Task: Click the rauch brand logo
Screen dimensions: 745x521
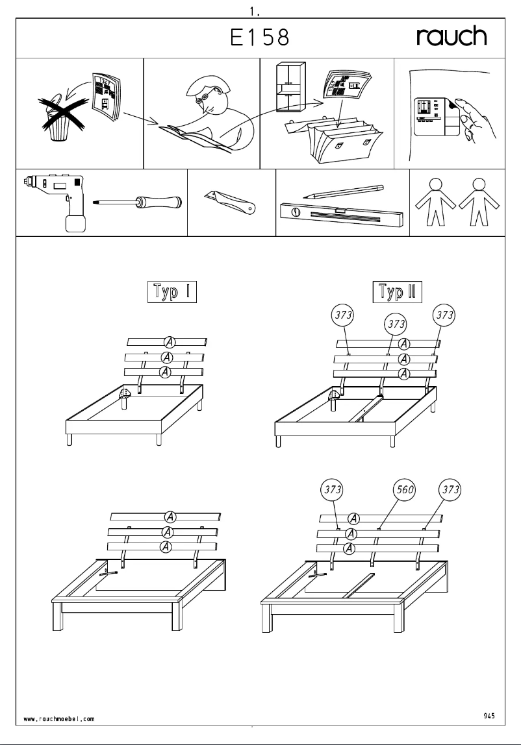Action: (451, 38)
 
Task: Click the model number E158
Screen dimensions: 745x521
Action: (260, 39)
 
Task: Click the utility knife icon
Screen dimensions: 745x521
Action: (231, 202)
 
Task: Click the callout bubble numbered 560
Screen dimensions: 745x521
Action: (406, 489)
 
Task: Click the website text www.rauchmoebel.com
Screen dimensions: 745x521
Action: (59, 718)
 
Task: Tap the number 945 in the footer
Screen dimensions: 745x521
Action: (489, 715)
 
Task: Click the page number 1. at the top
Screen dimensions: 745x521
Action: (255, 11)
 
